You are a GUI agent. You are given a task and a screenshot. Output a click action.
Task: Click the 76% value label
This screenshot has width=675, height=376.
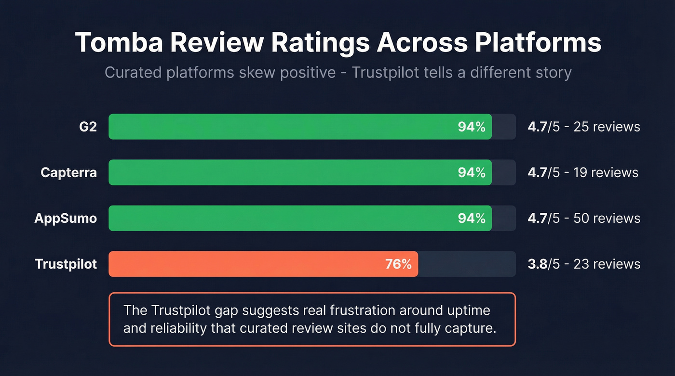[x=398, y=264]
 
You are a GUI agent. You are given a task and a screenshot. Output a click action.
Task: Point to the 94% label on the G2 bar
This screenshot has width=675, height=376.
[x=472, y=127]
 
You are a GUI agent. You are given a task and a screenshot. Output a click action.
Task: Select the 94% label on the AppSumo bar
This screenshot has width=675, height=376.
[x=472, y=218]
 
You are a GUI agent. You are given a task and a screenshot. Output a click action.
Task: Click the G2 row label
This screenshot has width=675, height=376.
[x=87, y=127]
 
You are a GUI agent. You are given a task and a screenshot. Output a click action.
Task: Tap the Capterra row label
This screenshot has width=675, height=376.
[x=68, y=172]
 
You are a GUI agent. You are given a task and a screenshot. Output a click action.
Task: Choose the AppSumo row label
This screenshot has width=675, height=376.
[x=66, y=218]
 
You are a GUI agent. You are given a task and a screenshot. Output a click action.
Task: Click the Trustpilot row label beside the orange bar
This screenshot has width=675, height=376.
[x=66, y=264]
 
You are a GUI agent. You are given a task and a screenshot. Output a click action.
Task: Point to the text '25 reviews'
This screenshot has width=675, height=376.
[x=607, y=127]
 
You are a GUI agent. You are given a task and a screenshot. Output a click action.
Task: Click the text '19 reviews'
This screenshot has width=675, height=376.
[x=606, y=172]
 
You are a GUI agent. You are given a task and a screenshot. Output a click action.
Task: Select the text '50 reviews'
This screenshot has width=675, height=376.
[x=607, y=218]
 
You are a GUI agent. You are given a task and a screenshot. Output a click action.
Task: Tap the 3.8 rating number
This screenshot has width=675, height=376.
[x=536, y=264]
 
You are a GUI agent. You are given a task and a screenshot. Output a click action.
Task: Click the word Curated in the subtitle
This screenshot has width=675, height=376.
[x=134, y=73]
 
